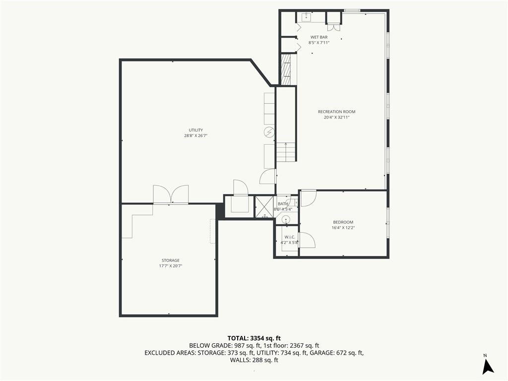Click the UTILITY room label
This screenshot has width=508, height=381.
click(195, 130)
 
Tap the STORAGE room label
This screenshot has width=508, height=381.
click(171, 260)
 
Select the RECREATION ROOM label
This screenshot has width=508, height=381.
click(337, 112)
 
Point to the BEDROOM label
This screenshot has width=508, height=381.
click(343, 222)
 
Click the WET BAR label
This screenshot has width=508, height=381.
click(319, 37)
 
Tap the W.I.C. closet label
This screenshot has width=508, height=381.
click(290, 237)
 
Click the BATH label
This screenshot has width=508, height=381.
click(283, 204)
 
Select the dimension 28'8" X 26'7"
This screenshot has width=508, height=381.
click(195, 136)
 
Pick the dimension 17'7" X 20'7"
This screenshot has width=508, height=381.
click(171, 266)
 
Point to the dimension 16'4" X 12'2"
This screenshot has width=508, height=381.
click(343, 228)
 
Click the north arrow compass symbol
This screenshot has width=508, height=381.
click(488, 366)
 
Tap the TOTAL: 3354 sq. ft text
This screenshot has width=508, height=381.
click(254, 338)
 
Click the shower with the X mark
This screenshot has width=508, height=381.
click(264, 206)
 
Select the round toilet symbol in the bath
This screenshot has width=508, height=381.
click(286, 220)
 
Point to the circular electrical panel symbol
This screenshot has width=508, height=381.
click(269, 132)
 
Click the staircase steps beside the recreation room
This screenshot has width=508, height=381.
click(286, 152)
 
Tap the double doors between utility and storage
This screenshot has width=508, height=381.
click(171, 194)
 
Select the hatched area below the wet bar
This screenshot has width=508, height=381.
click(286, 69)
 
